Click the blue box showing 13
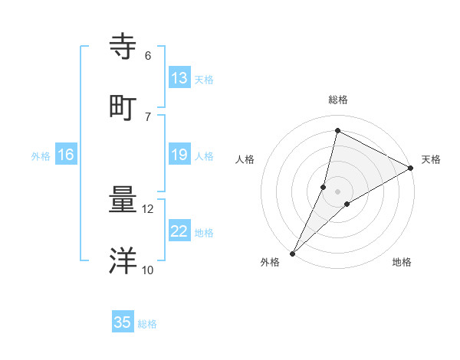coord(179,78)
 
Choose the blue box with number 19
coord(179,155)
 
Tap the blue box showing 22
coord(179,232)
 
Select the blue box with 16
coord(66,155)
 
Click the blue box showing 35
coord(123,322)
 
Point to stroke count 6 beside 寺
coord(148,55)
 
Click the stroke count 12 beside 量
coord(148,209)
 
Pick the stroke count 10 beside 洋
coord(148,270)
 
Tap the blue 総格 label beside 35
coord(147,324)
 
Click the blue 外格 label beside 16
coord(41,156)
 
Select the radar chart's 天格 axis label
coord(431,159)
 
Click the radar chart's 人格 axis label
coord(245,159)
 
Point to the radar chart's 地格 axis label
coord(402,262)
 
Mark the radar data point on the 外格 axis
coord(292,253)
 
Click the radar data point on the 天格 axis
coord(411,168)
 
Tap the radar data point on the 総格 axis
coord(337,131)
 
